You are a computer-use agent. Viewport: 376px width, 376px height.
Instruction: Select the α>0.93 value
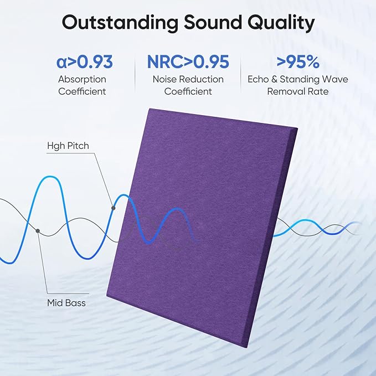pyautogui.click(x=84, y=61)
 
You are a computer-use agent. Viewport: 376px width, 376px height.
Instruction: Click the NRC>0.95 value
pyautogui.click(x=188, y=61)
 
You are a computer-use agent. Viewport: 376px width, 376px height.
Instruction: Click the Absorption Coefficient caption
pyautogui.click(x=82, y=85)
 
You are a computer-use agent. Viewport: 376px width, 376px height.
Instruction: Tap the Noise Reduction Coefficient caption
pyautogui.click(x=188, y=85)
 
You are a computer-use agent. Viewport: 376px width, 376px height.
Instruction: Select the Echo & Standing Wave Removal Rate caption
pyautogui.click(x=298, y=85)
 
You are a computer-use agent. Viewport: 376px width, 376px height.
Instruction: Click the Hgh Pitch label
pyautogui.click(x=68, y=146)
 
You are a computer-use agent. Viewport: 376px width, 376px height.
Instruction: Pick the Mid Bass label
pyautogui.click(x=66, y=303)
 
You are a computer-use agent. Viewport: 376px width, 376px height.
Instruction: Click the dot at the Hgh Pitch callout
pyautogui.click(x=113, y=208)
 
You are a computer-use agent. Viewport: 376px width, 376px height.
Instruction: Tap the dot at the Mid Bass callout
pyautogui.click(x=38, y=230)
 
